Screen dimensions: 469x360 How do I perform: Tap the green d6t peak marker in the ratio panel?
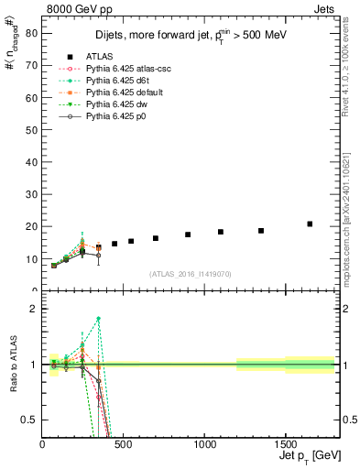98,318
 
